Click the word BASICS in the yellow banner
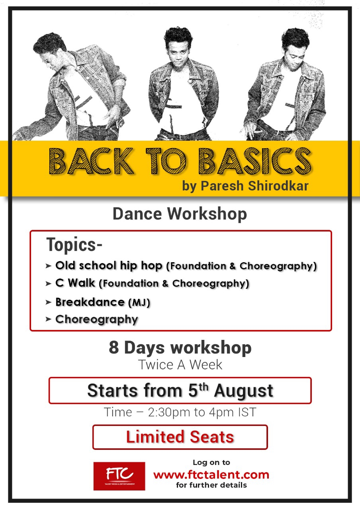pyautogui.click(x=255, y=161)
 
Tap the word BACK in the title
pyautogui.click(x=91, y=161)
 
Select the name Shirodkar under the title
pyautogui.click(x=278, y=186)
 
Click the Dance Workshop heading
pyautogui.click(x=180, y=214)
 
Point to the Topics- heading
pyautogui.click(x=74, y=245)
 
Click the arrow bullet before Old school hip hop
pyautogui.click(x=48, y=266)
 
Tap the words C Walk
pyautogui.click(x=75, y=283)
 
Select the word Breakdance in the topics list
pyautogui.click(x=90, y=302)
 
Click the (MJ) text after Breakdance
pyautogui.click(x=139, y=302)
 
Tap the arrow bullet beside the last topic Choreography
pyautogui.click(x=48, y=319)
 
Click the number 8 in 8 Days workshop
pyautogui.click(x=114, y=348)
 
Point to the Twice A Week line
pyautogui.click(x=180, y=365)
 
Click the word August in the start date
pyautogui.click(x=243, y=391)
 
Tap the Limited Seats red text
pyautogui.click(x=180, y=437)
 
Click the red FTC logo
pyautogui.click(x=119, y=476)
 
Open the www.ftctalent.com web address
pyautogui.click(x=211, y=475)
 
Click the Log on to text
pyautogui.click(x=211, y=463)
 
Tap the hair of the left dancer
pyautogui.click(x=49, y=43)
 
